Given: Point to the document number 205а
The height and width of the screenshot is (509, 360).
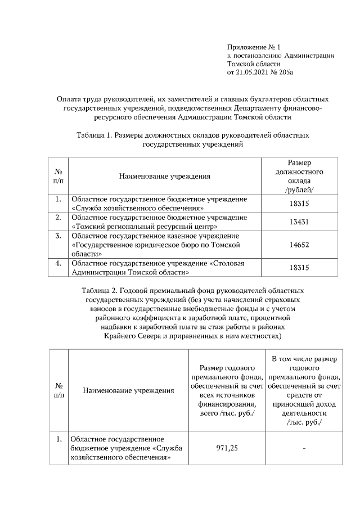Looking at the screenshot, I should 285,72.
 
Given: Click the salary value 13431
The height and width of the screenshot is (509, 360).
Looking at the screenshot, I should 299,221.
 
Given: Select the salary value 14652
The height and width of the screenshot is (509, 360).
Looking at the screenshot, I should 299,245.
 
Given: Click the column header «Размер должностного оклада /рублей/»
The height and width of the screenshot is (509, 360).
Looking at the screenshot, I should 299,175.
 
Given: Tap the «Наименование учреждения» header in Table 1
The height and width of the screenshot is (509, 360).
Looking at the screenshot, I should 164,176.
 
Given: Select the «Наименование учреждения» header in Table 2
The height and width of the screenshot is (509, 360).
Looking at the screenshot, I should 128,390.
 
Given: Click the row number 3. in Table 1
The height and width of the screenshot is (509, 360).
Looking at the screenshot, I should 58,235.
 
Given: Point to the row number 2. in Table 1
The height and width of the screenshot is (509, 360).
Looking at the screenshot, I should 58,217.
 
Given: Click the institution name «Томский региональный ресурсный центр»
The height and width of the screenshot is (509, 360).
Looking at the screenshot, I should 144,226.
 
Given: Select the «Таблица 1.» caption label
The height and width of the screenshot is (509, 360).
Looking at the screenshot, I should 93,136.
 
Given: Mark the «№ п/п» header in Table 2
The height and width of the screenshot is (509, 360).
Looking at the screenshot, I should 58,390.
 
